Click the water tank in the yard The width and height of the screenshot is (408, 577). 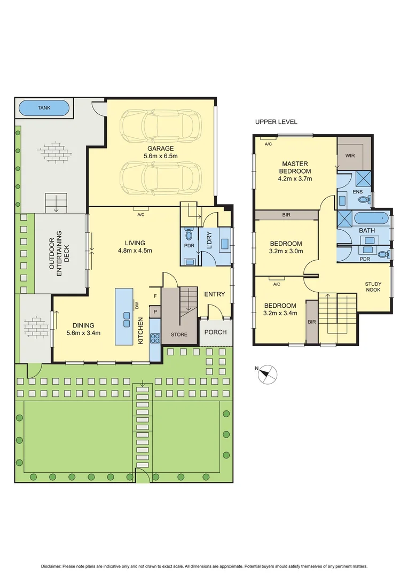[x=44, y=108]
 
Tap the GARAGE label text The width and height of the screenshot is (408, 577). [x=160, y=149]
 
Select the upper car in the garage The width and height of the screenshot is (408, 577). [x=161, y=126]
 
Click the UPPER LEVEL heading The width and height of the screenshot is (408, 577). [x=276, y=122]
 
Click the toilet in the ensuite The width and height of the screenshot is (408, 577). [x=363, y=200]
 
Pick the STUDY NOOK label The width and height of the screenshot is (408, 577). [x=374, y=287]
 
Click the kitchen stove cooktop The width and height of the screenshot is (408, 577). [x=155, y=338]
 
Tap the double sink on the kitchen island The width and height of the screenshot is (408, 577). [x=127, y=319]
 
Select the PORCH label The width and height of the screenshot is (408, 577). [x=216, y=332]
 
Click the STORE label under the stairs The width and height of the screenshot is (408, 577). [x=179, y=335]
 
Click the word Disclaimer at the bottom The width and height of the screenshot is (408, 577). [x=52, y=566]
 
